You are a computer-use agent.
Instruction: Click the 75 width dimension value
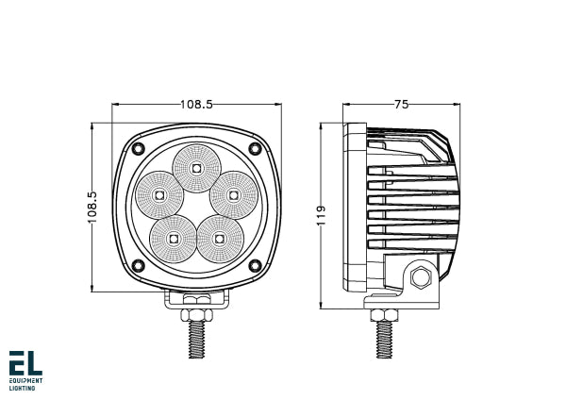click(402, 105)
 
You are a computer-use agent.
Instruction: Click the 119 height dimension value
click(321, 216)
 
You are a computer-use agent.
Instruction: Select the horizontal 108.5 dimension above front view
click(196, 105)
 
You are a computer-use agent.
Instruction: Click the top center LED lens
click(196, 168)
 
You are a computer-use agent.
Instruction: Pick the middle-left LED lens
click(158, 195)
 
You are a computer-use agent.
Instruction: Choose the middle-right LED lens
click(233, 195)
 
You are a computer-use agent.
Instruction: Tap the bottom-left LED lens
click(174, 239)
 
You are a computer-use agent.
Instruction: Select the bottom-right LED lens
click(219, 239)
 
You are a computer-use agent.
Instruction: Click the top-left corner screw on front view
click(138, 149)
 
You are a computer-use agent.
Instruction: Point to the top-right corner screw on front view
click(255, 149)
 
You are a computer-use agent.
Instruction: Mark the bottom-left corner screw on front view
click(138, 265)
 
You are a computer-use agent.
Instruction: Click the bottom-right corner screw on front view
click(255, 265)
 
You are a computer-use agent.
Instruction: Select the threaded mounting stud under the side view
click(385, 337)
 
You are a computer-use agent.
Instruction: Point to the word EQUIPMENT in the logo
click(25, 381)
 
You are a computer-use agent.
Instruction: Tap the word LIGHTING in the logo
click(23, 388)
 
